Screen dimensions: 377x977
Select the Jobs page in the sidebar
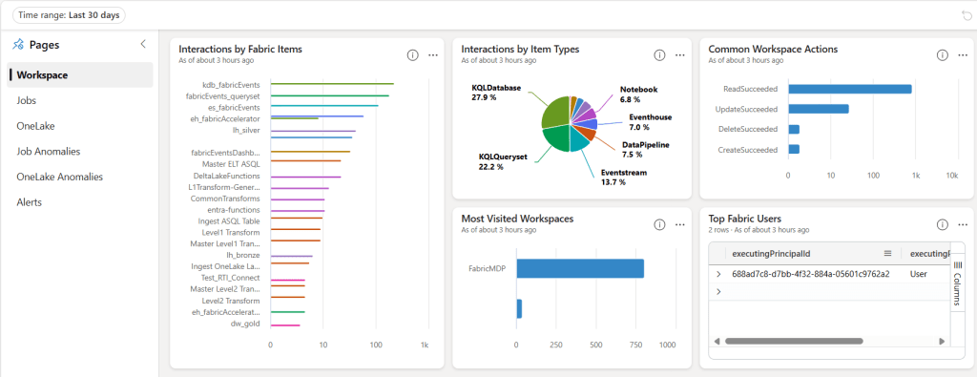click(x=28, y=100)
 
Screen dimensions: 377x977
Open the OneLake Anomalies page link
click(x=59, y=177)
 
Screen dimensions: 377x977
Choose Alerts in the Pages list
click(x=30, y=202)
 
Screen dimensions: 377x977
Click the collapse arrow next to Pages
click(x=143, y=44)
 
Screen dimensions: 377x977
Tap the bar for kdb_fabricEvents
click(x=333, y=84)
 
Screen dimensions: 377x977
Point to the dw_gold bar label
click(x=245, y=324)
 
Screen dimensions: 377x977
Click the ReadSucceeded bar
click(x=849, y=89)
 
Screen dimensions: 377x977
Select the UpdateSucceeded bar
click(x=818, y=109)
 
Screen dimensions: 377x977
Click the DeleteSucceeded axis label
click(x=748, y=129)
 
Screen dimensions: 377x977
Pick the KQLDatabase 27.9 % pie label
click(x=496, y=93)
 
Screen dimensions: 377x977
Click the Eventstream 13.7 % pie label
click(x=619, y=177)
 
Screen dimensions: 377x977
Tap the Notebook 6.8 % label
click(x=638, y=94)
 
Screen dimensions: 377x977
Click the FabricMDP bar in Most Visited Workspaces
click(x=580, y=269)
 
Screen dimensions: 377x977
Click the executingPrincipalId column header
click(x=770, y=254)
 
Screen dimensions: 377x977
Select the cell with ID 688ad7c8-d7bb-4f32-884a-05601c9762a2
click(x=810, y=274)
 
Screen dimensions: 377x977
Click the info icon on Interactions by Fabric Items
click(x=412, y=55)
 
